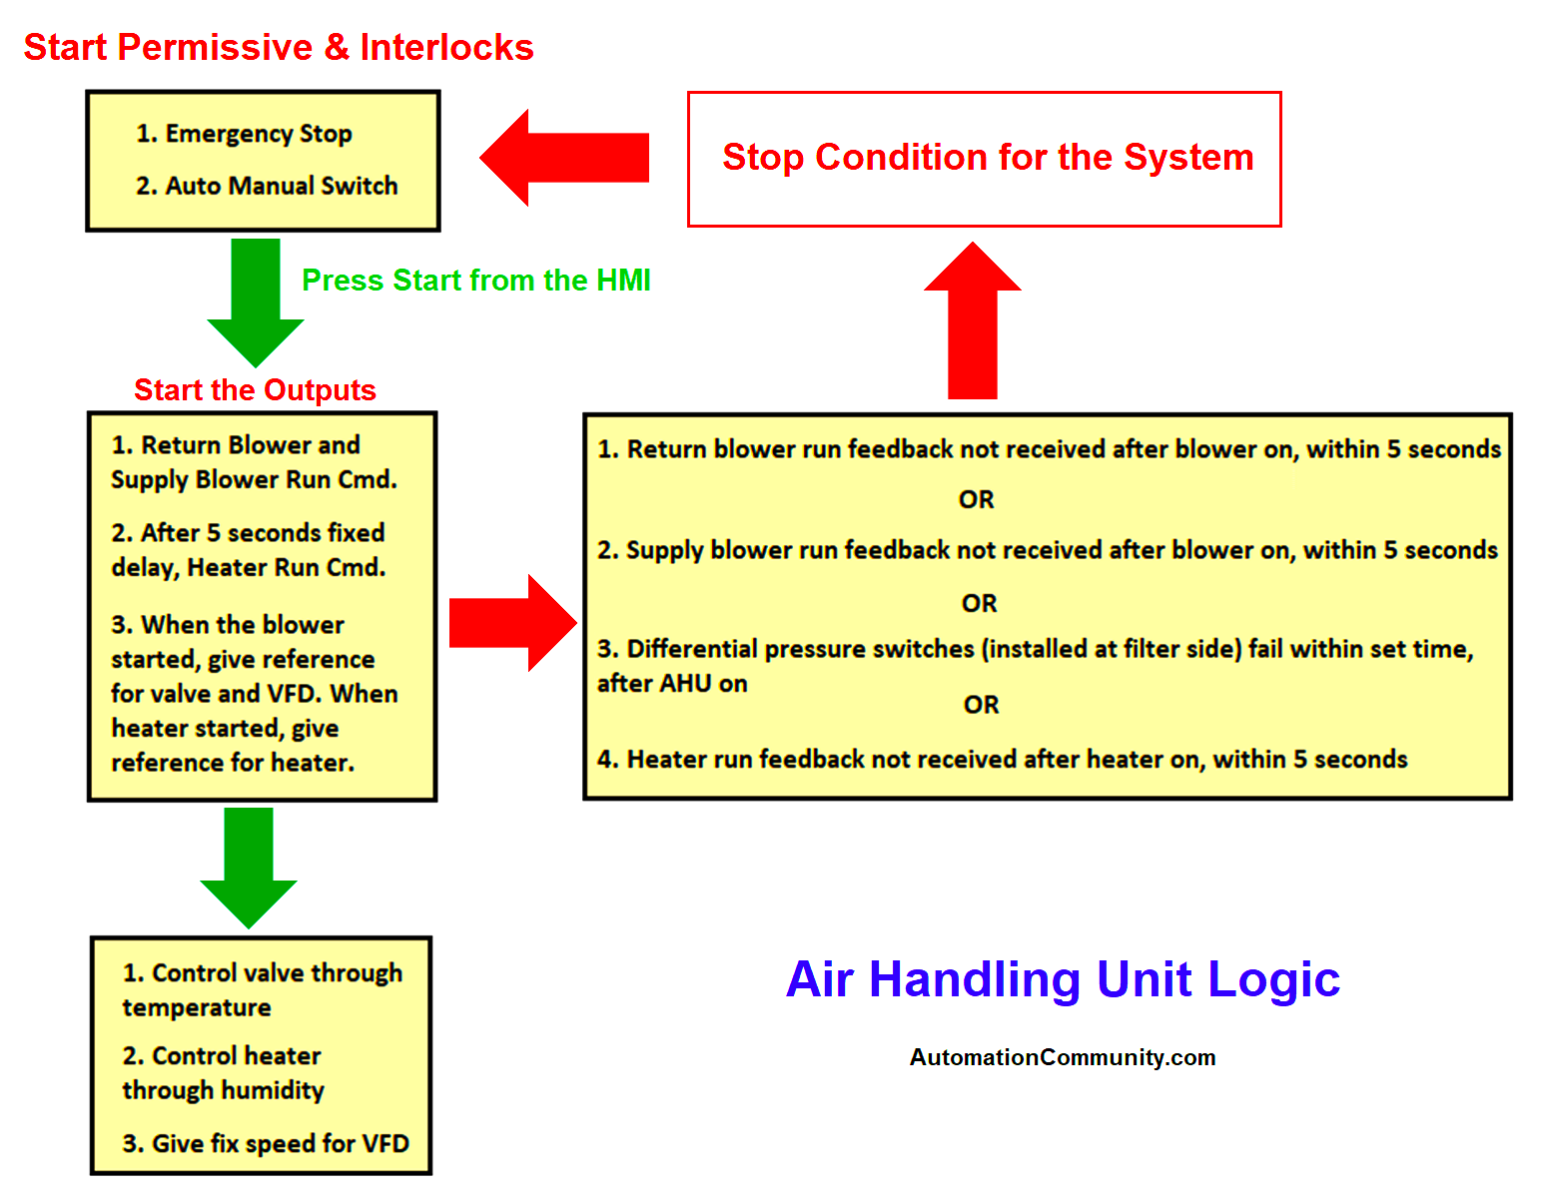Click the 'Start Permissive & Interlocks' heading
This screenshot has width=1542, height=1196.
[x=279, y=48]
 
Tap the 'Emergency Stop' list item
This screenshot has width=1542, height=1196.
[x=245, y=134]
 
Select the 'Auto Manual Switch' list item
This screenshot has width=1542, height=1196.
[x=267, y=186]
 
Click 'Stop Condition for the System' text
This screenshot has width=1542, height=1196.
[x=987, y=158]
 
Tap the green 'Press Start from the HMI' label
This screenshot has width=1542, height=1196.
[x=475, y=281]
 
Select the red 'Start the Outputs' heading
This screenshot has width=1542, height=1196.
[x=255, y=390]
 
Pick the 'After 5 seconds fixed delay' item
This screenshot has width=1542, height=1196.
[x=248, y=550]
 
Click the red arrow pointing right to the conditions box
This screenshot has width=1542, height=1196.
[x=512, y=623]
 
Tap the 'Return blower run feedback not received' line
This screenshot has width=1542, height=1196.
[x=1049, y=449]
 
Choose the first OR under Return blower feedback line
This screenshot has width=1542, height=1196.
[x=976, y=500]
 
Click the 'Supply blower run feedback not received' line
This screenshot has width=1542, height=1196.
[x=1047, y=550]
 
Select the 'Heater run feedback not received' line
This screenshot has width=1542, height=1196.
[x=1002, y=760]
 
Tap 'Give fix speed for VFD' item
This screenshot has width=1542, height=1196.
[x=266, y=1144]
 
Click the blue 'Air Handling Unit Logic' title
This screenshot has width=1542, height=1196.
[x=1063, y=979]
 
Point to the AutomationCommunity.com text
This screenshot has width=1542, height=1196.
[x=1063, y=1057]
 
